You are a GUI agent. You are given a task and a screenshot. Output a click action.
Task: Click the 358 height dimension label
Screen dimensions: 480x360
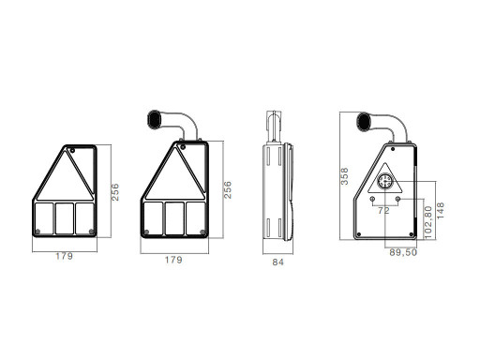(x=344, y=176)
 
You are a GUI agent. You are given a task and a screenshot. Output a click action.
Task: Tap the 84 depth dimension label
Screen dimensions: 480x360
(x=277, y=262)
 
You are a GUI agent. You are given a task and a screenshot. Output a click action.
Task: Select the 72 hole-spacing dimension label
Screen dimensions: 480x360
(x=383, y=211)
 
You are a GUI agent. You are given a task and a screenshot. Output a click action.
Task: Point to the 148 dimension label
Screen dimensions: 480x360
(x=440, y=210)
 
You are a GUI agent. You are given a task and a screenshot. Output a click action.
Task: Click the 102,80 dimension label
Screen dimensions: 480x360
(x=428, y=222)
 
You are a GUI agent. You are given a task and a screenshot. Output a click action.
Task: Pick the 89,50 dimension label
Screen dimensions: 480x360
(x=403, y=252)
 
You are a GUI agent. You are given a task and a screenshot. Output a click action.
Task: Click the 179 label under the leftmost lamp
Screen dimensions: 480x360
(x=65, y=256)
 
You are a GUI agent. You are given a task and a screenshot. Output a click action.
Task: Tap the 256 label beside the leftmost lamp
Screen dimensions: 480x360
(x=115, y=192)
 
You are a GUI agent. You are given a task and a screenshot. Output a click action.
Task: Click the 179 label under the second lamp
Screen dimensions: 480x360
(x=173, y=260)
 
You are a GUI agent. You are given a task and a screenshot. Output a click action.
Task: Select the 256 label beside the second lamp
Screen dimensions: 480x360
(x=228, y=189)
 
